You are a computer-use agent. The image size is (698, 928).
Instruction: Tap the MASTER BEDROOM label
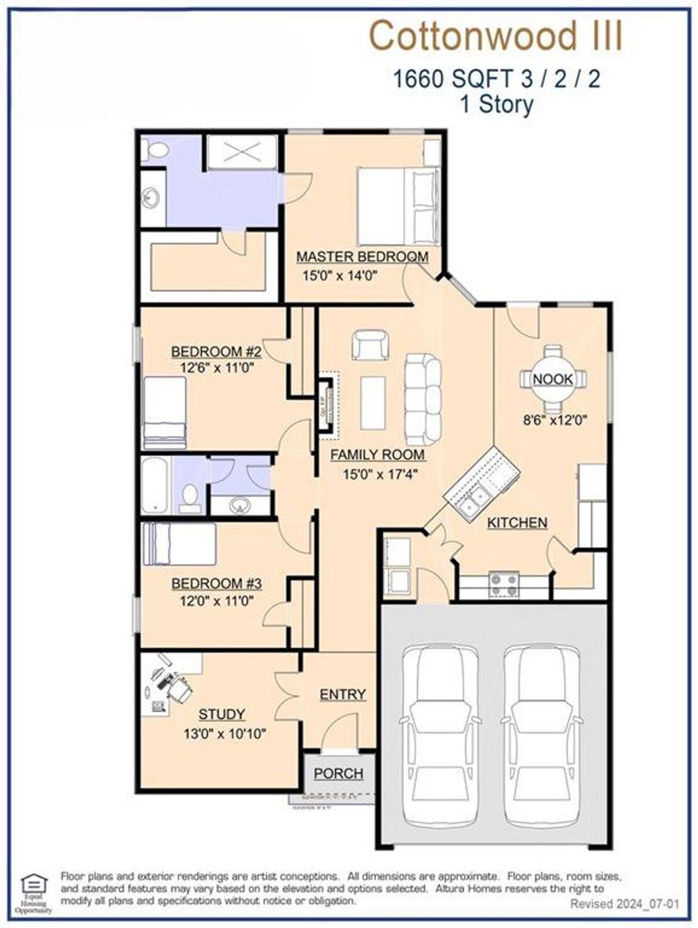tap(362, 256)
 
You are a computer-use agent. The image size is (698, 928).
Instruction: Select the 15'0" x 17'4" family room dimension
tap(380, 474)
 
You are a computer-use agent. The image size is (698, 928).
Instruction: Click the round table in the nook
tap(553, 379)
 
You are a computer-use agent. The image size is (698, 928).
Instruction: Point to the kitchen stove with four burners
tap(504, 585)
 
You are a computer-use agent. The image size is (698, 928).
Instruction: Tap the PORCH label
tap(338, 773)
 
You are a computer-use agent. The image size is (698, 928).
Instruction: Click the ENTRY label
tap(342, 694)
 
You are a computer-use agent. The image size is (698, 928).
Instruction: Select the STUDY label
tap(221, 714)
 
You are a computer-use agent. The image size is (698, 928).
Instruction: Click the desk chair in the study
tap(180, 690)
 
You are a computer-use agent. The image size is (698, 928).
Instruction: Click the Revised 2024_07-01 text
tap(624, 904)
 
